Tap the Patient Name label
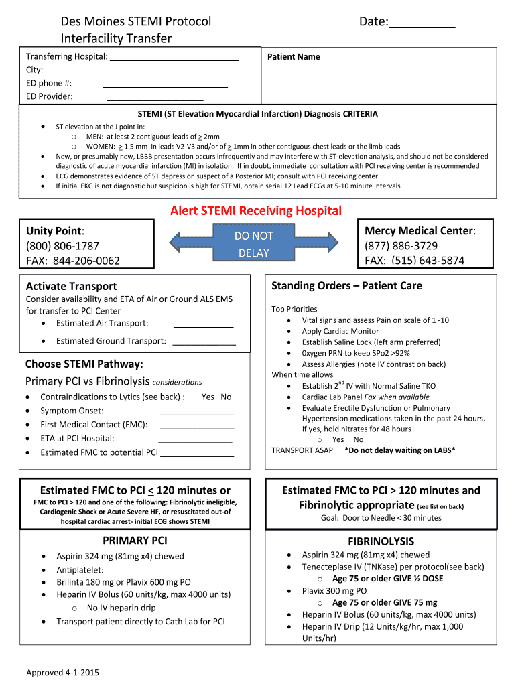coord(294,57)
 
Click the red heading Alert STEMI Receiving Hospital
coord(255,211)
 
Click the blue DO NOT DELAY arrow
coord(253,245)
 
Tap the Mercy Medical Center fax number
coord(414,261)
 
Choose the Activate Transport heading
coord(71,286)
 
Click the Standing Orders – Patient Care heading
coord(346,286)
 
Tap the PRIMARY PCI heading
coord(135,541)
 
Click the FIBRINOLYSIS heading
coord(381,541)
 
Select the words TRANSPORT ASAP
coord(302,450)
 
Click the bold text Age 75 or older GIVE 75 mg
coord(384,602)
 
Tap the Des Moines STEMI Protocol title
coord(136,21)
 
